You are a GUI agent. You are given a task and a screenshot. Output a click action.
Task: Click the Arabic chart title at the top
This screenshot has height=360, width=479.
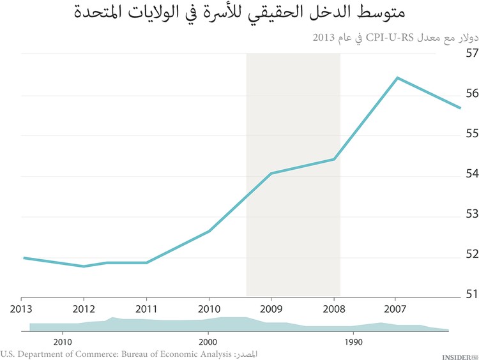(x=240, y=14)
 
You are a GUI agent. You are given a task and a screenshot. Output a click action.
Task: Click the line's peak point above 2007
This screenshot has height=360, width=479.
(x=397, y=78)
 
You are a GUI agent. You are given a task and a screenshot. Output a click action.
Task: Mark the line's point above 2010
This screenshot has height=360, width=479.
(x=209, y=231)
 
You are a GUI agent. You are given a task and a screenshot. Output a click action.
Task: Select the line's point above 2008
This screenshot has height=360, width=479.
(x=334, y=159)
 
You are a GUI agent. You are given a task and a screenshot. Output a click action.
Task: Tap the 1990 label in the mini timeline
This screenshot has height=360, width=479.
(x=353, y=342)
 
